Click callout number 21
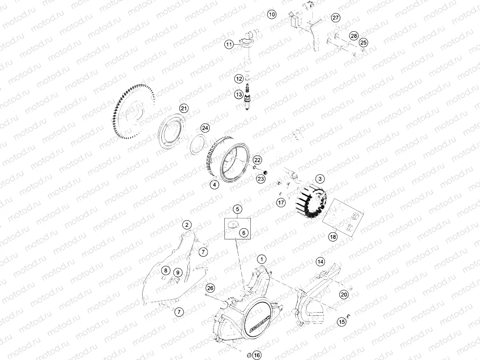point(183,109)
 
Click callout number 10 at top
point(272,14)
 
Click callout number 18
point(333,237)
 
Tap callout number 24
point(205,128)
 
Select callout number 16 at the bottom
point(256,355)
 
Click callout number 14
point(320,261)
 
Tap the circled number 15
point(342,322)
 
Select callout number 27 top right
point(336,17)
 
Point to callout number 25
point(363,42)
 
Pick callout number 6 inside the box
point(244,233)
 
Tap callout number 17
point(281,203)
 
